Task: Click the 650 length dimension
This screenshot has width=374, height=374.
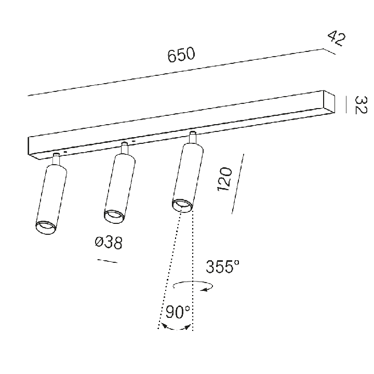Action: [x=181, y=55]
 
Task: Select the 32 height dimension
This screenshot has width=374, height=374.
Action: [x=360, y=105]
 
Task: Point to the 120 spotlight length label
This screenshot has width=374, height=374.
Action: [x=224, y=179]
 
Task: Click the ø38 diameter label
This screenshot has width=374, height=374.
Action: [x=109, y=243]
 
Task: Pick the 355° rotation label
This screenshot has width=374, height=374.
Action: [x=222, y=266]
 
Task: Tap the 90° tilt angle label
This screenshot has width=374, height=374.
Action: [x=178, y=312]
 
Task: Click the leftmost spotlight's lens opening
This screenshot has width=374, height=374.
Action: [x=46, y=228]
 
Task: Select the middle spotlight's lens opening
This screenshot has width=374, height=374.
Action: [x=114, y=217]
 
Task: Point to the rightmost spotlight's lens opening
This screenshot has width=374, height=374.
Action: [x=182, y=205]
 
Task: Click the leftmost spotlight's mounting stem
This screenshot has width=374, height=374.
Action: [x=56, y=159]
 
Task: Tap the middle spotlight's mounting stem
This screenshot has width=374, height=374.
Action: [x=124, y=148]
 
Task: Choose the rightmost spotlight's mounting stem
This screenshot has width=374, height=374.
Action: [x=193, y=138]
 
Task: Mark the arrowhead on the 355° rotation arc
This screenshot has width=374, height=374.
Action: [x=204, y=289]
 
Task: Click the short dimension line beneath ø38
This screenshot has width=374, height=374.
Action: [x=108, y=261]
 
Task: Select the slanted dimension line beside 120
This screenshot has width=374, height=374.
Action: [x=238, y=184]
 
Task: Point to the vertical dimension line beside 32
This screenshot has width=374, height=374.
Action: [x=346, y=105]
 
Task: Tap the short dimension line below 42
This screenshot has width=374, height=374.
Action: [x=329, y=51]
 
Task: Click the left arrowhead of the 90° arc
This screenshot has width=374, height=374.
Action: [x=164, y=326]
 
